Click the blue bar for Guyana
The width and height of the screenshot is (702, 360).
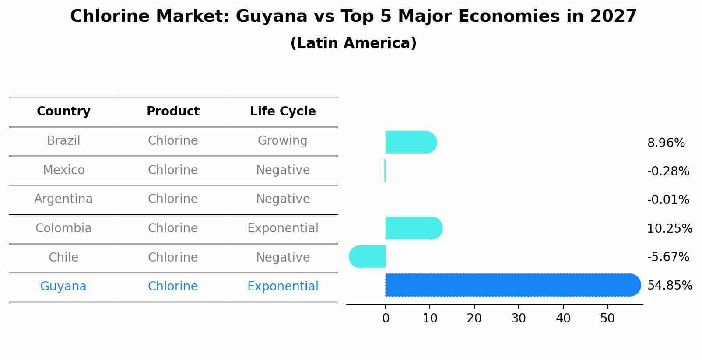(512, 285)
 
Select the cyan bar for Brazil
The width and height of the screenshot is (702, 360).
(411, 142)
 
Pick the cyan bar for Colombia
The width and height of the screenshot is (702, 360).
(414, 228)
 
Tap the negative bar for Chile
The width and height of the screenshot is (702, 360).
(368, 256)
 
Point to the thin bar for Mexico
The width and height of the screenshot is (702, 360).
(385, 171)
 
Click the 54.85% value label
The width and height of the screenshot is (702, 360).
(670, 286)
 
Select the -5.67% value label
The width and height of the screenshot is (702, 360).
(668, 257)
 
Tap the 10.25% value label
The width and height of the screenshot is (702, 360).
(670, 228)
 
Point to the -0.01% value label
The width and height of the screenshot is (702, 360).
(668, 200)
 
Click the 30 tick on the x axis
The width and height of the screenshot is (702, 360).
(519, 318)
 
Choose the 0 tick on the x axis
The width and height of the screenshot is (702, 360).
(386, 318)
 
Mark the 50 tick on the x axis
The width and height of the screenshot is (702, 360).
(607, 318)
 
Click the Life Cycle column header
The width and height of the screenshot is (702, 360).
(283, 112)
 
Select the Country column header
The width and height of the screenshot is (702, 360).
(63, 112)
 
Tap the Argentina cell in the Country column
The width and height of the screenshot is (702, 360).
(63, 199)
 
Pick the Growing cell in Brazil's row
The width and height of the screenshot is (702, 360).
(282, 141)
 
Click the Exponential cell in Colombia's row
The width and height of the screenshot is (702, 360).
(283, 228)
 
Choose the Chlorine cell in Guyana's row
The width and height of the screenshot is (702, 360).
(173, 287)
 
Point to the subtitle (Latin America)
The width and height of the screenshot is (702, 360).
(353, 43)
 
